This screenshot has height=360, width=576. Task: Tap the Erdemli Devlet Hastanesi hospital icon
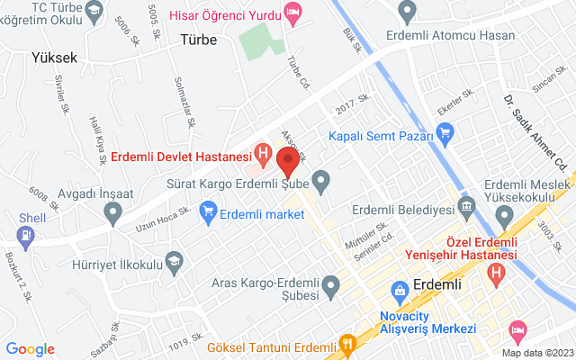[x=263, y=154]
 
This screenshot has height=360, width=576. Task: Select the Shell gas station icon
[x=26, y=237]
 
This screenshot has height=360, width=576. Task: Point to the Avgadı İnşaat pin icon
[x=112, y=212]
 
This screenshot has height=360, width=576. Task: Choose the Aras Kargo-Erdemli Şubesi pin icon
[x=330, y=287]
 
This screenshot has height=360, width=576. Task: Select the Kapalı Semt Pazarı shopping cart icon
[x=444, y=133]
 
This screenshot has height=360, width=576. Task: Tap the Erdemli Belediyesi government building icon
[x=467, y=210]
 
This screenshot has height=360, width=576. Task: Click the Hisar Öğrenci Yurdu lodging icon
[x=292, y=12]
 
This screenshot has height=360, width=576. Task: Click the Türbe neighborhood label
[x=199, y=39]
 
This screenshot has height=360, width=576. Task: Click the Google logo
[x=31, y=349]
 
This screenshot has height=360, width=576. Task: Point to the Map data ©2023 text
[x=536, y=353]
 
